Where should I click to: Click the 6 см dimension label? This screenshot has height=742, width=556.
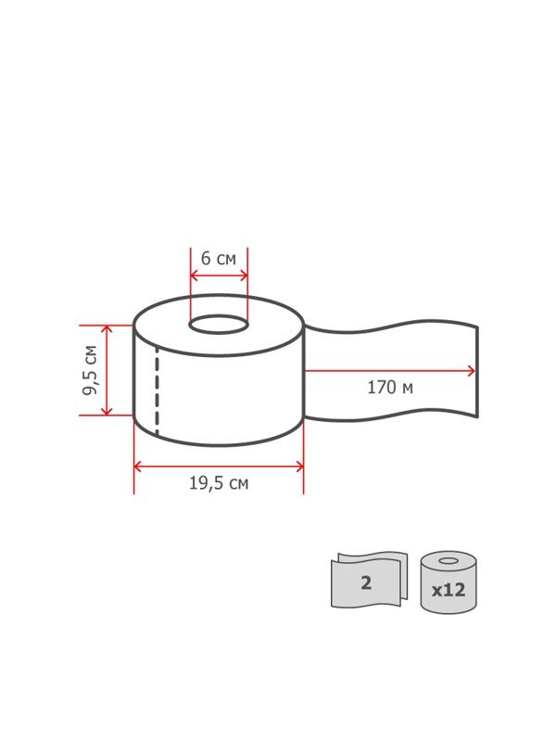click(219, 259)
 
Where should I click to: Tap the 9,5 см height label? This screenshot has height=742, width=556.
click(90, 370)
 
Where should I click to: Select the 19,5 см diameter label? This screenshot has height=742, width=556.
click(219, 483)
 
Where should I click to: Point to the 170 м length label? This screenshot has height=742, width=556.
click(390, 388)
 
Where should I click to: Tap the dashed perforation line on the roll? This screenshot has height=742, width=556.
click(157, 390)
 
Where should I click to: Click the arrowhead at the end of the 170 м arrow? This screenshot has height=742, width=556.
click(471, 371)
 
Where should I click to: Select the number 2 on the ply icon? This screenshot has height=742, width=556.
click(366, 582)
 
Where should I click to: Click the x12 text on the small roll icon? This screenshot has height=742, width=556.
click(449, 590)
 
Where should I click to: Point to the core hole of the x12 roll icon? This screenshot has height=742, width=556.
click(449, 561)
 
